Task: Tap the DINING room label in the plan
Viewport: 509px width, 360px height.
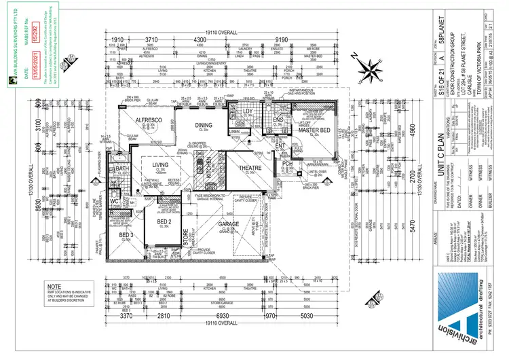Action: (203, 125)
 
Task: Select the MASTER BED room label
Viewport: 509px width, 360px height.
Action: (315, 130)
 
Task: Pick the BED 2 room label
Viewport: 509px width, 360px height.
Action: (165, 222)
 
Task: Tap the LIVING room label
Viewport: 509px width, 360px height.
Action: (160, 165)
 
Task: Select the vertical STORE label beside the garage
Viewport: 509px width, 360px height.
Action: (185, 237)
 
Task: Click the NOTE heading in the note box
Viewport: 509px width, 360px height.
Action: (54, 287)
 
